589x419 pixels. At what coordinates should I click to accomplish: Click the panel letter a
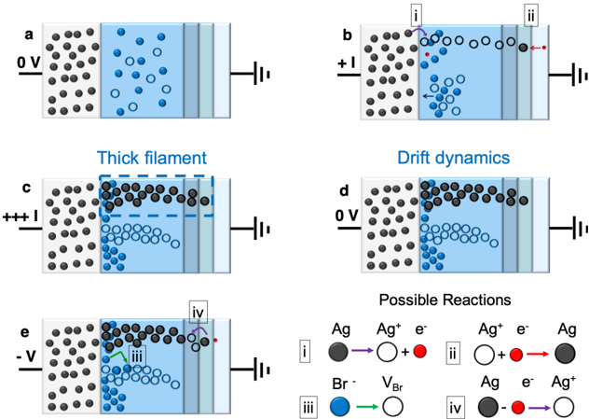28,35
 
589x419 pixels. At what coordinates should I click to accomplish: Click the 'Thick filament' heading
153,157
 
